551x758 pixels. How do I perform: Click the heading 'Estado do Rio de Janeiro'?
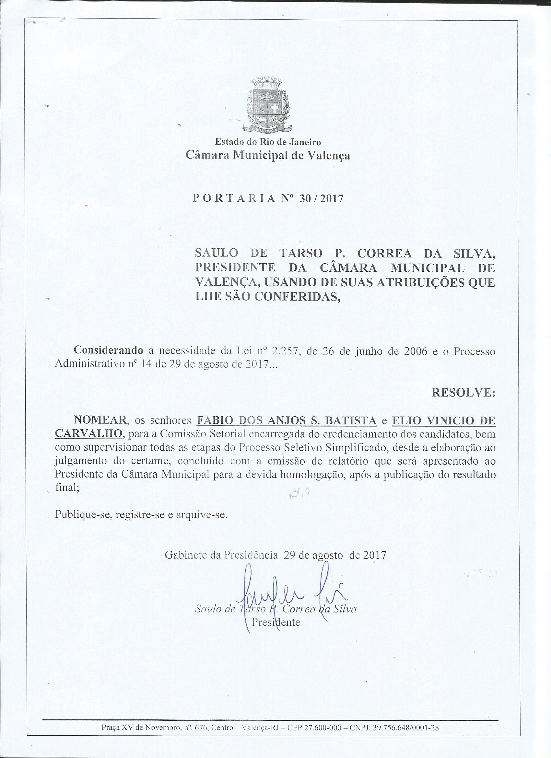(x=268, y=142)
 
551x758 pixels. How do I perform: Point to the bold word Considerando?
(x=109, y=350)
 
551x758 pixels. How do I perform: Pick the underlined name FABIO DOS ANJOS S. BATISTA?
(x=287, y=420)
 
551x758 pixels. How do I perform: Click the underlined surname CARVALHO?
(x=88, y=434)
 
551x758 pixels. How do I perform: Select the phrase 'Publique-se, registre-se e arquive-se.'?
(x=141, y=523)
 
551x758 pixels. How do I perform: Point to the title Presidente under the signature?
(x=276, y=622)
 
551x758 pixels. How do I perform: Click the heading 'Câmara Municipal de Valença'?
(x=268, y=155)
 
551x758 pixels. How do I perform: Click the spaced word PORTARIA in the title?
(x=234, y=199)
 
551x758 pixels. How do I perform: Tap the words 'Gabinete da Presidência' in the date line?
(x=221, y=555)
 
